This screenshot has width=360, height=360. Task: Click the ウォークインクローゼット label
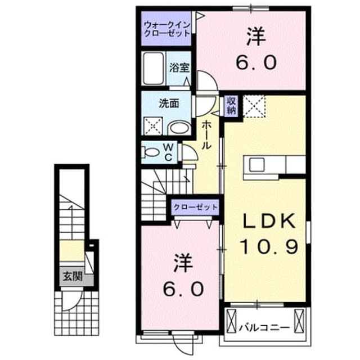[x=167, y=29]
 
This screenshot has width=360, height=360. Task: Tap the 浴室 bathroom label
[x=179, y=67]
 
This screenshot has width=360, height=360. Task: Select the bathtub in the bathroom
[x=154, y=69]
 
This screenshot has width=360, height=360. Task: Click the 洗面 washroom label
[x=169, y=103]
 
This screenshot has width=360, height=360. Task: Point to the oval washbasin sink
[x=179, y=128]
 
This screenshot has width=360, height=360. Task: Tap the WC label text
[x=169, y=152]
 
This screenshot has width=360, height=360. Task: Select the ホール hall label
[x=206, y=136]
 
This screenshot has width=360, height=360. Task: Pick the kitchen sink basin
[x=256, y=165]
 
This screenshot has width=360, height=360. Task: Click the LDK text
[x=269, y=221]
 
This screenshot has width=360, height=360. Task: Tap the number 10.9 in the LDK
[x=269, y=246]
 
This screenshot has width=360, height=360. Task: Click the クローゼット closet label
[x=195, y=208]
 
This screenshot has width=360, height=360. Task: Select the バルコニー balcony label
[x=264, y=328]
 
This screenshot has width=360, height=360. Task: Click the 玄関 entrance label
[x=73, y=276]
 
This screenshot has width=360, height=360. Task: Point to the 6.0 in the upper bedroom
[x=256, y=62]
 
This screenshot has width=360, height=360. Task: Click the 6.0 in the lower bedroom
[x=183, y=289]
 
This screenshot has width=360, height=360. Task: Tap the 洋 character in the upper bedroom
[x=256, y=37]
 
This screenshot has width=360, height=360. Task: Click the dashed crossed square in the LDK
[x=254, y=106]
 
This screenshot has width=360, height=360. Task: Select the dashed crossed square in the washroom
[x=154, y=126]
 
